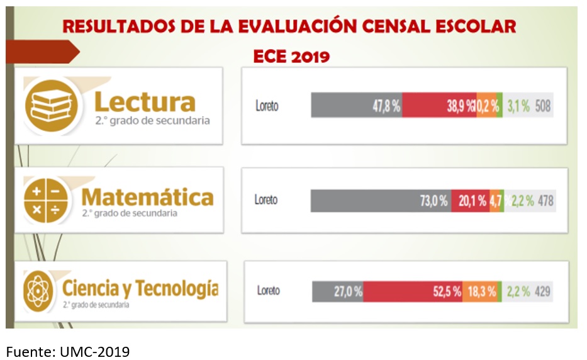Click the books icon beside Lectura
pos(52,104)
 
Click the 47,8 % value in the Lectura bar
pos(386,106)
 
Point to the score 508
pos(543,106)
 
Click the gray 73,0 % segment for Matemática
pos(381,201)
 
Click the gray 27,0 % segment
pos(338,291)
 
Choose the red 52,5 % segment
pos(413,291)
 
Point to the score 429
pos(543,291)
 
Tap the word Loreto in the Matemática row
pos(266,200)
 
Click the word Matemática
pos(148,198)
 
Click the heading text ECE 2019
pos(291,57)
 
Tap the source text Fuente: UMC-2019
pos(69,351)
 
